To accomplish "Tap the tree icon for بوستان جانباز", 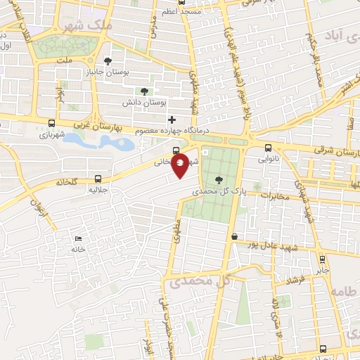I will tap(108, 60).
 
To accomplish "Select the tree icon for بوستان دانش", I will tap(144, 91).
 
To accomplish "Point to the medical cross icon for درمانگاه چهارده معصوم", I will tap(172, 121).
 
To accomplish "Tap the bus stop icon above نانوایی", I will tap(269, 148).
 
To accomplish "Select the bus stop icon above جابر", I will tap(322, 258).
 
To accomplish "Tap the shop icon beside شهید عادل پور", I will tap(234, 237).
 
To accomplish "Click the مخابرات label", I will tap(276, 196).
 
